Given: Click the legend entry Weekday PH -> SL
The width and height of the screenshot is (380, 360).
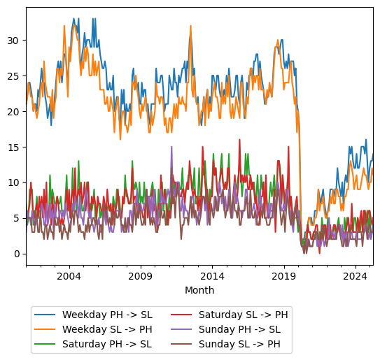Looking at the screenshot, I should [x=106, y=315].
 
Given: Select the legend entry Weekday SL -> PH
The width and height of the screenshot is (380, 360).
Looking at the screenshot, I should [x=106, y=329].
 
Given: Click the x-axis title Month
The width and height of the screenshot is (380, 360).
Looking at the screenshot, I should [x=199, y=290].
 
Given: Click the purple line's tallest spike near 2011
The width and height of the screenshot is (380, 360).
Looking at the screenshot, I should [x=171, y=147].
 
